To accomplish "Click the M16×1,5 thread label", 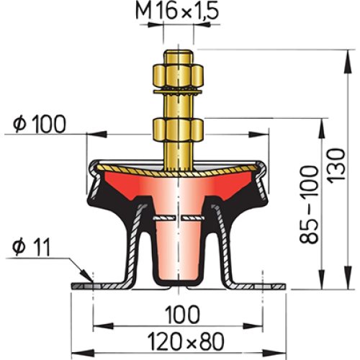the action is point(177,12).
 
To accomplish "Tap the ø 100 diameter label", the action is point(40,124).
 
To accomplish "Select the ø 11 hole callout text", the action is point(31,247).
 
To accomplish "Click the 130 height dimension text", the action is point(336,166).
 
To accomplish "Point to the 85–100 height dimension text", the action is point(309,204).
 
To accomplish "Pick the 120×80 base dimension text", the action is point(186,341).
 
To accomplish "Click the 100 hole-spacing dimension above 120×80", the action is point(182,314).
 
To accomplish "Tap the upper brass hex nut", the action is point(178,76).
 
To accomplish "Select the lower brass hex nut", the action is point(178,130).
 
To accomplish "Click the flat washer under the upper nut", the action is point(178,91).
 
